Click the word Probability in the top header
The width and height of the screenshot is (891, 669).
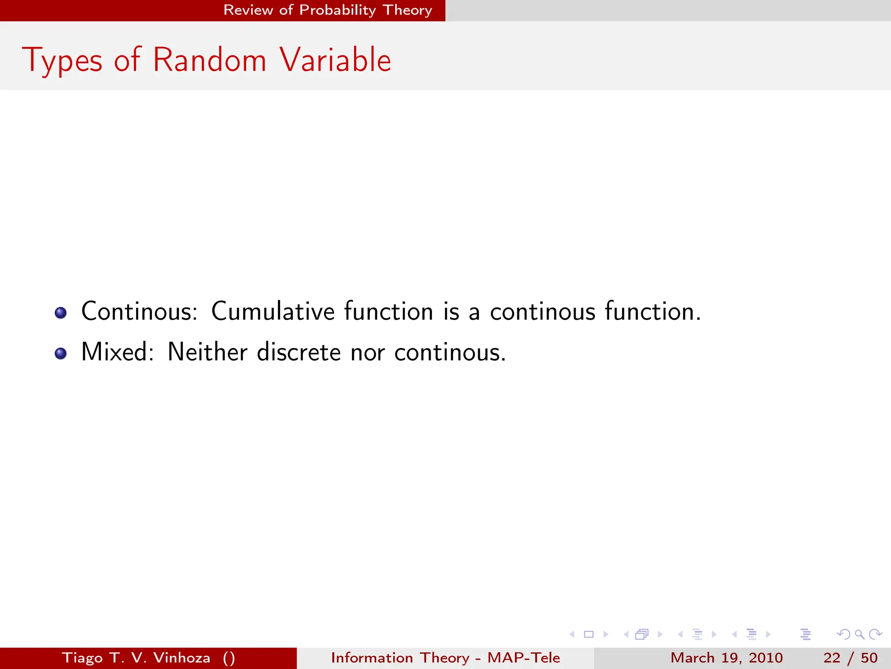click(x=337, y=10)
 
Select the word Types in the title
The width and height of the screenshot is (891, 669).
click(x=62, y=61)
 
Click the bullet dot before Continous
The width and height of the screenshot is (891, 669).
click(x=61, y=313)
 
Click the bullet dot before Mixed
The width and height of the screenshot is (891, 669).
click(x=61, y=353)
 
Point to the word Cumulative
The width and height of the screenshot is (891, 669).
click(x=273, y=312)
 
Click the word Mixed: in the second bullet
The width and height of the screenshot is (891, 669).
click(x=117, y=352)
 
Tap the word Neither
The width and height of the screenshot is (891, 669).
click(x=207, y=352)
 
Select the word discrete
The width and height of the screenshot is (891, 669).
click(x=298, y=352)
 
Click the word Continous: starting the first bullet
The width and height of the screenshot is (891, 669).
click(x=139, y=312)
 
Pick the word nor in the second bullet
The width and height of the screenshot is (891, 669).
click(x=367, y=353)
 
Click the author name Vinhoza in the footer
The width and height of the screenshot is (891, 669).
click(x=181, y=658)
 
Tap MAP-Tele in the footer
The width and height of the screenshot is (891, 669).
click(x=523, y=658)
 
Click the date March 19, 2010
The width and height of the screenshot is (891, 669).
click(x=726, y=658)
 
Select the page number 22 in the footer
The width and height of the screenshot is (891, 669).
click(x=831, y=658)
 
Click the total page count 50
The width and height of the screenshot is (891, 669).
click(x=869, y=658)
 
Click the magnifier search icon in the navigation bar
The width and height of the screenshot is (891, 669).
click(x=859, y=634)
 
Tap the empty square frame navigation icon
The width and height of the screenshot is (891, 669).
click(x=589, y=634)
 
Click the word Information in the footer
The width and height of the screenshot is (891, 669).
click(x=372, y=658)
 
